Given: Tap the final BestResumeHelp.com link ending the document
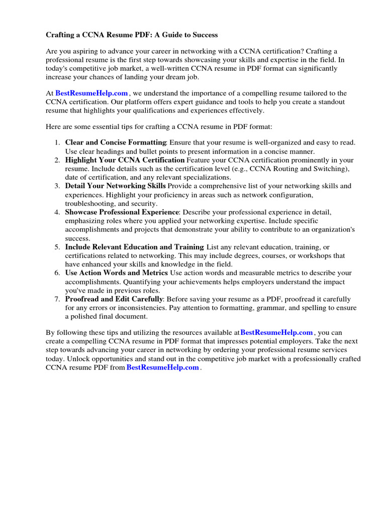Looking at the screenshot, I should [x=163, y=367].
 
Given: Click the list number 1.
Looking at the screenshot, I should [x=58, y=143].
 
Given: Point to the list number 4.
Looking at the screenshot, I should [x=58, y=212].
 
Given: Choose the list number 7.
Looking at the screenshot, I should [x=58, y=299].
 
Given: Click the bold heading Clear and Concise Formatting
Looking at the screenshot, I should [x=116, y=143].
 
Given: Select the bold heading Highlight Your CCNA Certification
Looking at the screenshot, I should [x=124, y=160].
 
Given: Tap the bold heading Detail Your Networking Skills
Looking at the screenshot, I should [x=115, y=186].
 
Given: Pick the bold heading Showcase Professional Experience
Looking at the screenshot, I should [x=122, y=212].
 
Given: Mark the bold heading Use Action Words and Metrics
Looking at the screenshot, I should [x=117, y=273].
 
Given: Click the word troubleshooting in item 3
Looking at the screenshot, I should [x=89, y=204].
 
